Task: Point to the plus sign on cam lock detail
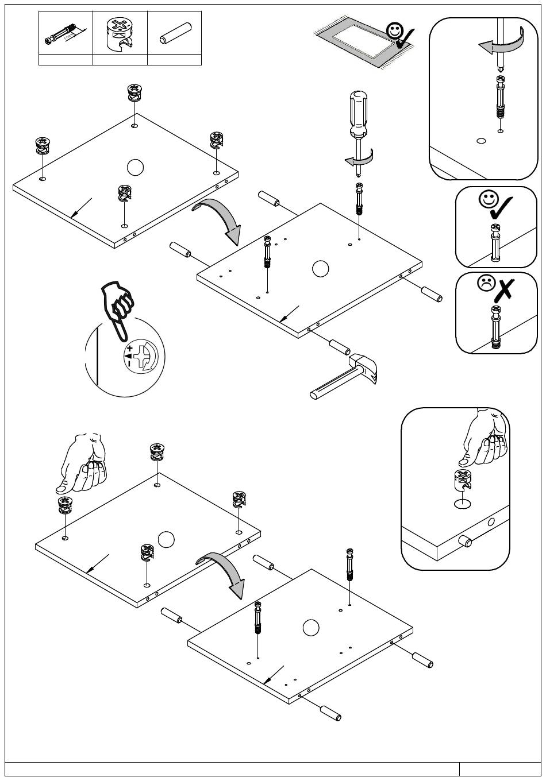[x=130, y=349]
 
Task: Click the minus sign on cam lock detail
[x=130, y=364]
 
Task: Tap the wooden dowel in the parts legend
[x=174, y=34]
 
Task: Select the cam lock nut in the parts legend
[x=119, y=33]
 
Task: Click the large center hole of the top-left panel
[x=134, y=167]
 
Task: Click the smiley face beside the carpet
[x=395, y=31]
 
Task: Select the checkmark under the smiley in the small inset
[x=501, y=208]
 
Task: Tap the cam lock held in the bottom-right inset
[x=464, y=482]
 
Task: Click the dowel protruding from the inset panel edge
[x=464, y=542]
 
